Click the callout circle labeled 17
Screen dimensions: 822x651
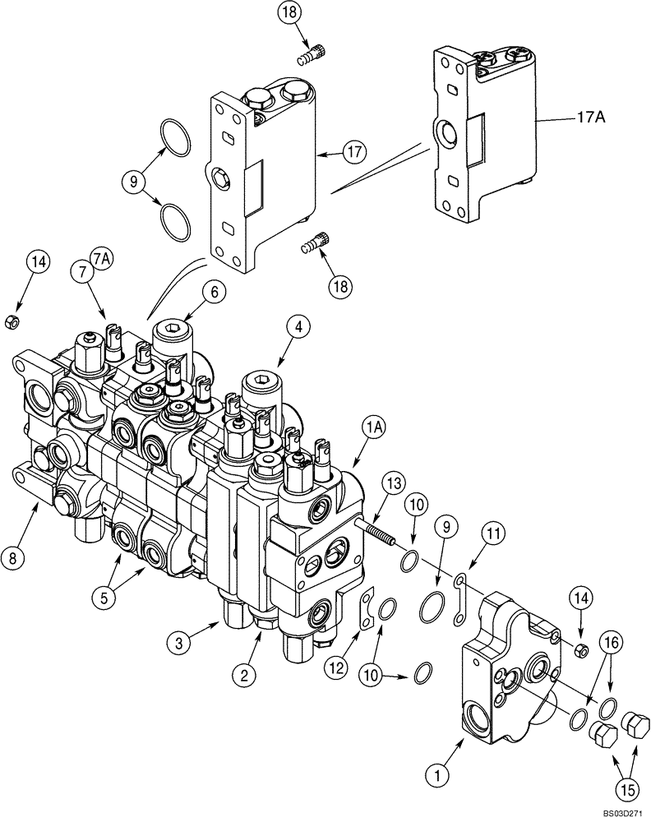click(354, 152)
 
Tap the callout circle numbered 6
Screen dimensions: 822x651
click(214, 290)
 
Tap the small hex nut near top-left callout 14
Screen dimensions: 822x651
click(12, 321)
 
